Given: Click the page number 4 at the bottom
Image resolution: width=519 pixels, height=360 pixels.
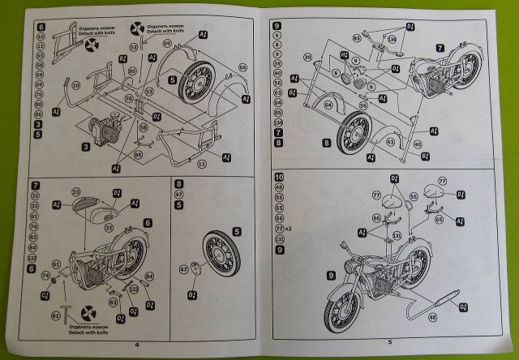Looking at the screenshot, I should click(135, 344).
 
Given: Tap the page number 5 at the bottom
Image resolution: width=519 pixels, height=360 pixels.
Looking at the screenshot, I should click(389, 342).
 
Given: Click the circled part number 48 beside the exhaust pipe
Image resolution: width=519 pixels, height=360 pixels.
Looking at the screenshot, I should click(432, 318).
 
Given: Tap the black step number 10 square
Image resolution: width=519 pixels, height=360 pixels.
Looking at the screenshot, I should click(279, 178).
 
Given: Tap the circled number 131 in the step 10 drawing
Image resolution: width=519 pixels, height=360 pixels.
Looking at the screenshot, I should click(397, 237).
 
